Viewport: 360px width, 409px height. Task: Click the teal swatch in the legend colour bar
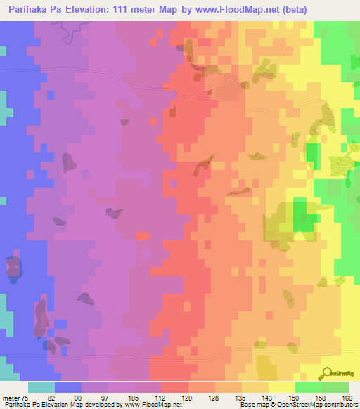[41, 387]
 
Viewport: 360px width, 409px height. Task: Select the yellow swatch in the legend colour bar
[282, 387]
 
